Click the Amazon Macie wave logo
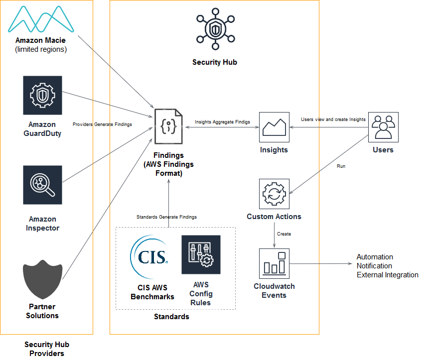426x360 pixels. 41,19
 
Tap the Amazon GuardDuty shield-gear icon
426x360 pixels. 42,95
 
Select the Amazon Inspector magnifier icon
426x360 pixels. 42,185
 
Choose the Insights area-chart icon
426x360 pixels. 274,127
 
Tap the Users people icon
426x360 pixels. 383,127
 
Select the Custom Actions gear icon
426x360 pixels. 274,194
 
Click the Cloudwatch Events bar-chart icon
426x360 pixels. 274,264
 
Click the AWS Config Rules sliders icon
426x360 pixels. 201,254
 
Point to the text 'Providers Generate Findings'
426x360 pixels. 102,124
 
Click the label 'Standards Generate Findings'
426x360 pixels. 166,217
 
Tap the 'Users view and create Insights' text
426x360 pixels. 333,120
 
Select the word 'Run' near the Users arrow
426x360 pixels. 341,166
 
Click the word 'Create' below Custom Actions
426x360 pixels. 284,234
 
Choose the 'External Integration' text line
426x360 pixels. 388,275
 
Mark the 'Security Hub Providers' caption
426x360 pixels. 47,349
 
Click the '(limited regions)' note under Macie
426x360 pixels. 41,49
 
